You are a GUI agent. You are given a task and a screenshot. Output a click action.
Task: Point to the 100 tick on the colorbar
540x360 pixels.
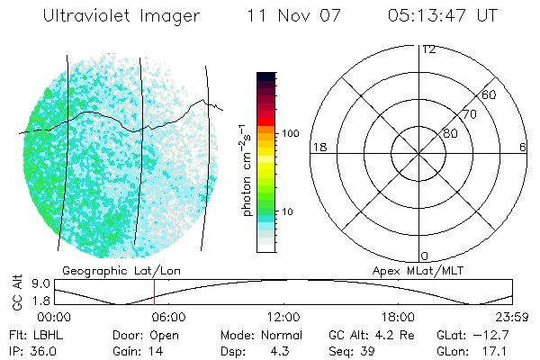[290, 133]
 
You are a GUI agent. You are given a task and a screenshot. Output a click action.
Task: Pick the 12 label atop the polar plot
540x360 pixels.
[428, 49]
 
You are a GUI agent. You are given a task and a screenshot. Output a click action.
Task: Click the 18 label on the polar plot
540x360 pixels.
[318, 147]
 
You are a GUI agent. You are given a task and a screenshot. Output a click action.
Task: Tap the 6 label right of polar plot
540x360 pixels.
[523, 147]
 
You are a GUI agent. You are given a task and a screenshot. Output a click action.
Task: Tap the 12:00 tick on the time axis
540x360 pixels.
[283, 317]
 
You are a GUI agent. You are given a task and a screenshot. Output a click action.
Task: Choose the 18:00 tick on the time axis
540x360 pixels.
[398, 317]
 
